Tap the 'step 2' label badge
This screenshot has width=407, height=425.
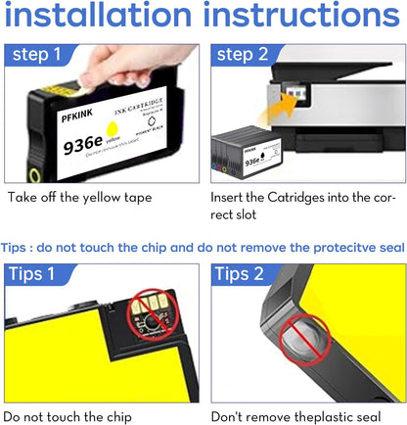[x=247, y=55]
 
